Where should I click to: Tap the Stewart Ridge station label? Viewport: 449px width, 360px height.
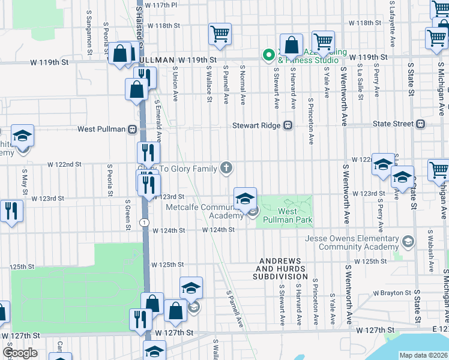click(257, 125)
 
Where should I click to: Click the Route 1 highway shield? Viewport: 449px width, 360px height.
click(143, 222)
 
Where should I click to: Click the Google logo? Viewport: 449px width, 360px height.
click(20, 353)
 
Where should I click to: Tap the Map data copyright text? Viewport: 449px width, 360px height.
click(423, 355)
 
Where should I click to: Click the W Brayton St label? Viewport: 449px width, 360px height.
click(390, 293)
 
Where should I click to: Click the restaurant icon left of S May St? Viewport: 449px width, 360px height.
click(10, 211)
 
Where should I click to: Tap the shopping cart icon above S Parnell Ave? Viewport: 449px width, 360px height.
click(220, 34)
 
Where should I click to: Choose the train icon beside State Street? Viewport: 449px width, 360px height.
click(420, 124)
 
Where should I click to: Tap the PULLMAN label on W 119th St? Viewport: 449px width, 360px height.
click(159, 60)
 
